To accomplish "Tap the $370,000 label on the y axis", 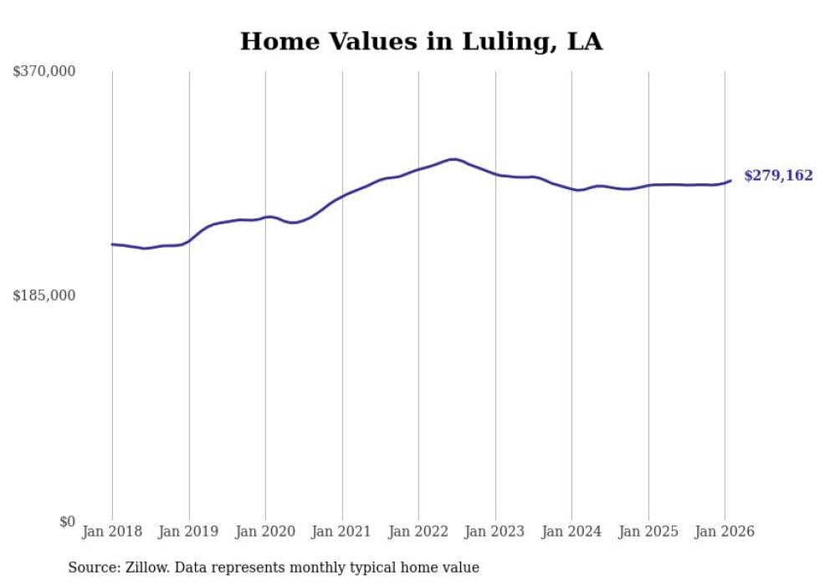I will tap(44, 72).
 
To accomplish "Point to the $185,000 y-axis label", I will tap(44, 295).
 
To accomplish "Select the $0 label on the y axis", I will tap(67, 521).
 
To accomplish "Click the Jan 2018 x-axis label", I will tap(112, 531).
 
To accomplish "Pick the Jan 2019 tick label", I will tap(189, 531).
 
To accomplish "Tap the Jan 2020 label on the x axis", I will tap(265, 531).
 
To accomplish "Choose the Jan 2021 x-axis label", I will tap(342, 531).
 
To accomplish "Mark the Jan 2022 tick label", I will tap(418, 531).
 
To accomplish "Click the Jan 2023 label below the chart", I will tap(495, 531).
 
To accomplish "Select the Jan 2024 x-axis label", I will tap(571, 531).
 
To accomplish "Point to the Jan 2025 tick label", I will tap(648, 531).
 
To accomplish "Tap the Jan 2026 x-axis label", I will tap(725, 531).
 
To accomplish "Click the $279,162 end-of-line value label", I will tap(778, 176).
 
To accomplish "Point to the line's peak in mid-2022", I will tap(453, 159).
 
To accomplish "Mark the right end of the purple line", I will tap(730, 180).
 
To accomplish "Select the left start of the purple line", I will tap(112, 244).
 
